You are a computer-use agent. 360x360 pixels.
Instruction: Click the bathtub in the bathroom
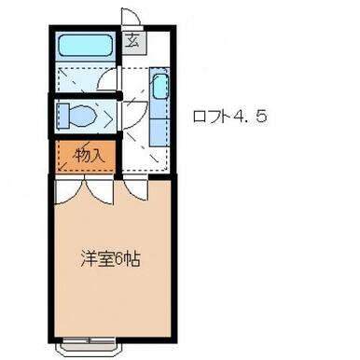(x=85, y=46)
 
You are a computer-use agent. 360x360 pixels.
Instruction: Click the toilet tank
(x=63, y=116)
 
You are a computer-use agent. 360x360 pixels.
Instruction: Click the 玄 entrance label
(x=133, y=39)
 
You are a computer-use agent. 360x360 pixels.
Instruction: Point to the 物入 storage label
(x=89, y=155)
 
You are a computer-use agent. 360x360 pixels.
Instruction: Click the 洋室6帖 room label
(x=109, y=258)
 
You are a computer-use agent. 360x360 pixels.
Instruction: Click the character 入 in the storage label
(x=97, y=155)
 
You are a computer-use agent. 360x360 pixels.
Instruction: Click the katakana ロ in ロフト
(x=198, y=118)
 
